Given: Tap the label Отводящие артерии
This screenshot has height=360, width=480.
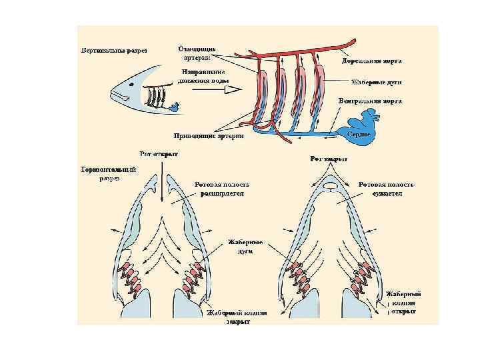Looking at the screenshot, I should pos(197,53).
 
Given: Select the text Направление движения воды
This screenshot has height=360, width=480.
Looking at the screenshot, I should pos(203,77).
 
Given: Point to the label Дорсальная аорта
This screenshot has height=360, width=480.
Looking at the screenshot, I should pos(371,61).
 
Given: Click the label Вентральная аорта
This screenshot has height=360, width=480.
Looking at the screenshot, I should pos(369,101).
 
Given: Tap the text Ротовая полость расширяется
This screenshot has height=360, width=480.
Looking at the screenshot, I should pos(222,189).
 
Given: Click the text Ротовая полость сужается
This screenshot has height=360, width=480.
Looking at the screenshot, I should pos(386,189).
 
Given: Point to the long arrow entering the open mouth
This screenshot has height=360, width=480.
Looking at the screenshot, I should pos(162,180).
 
